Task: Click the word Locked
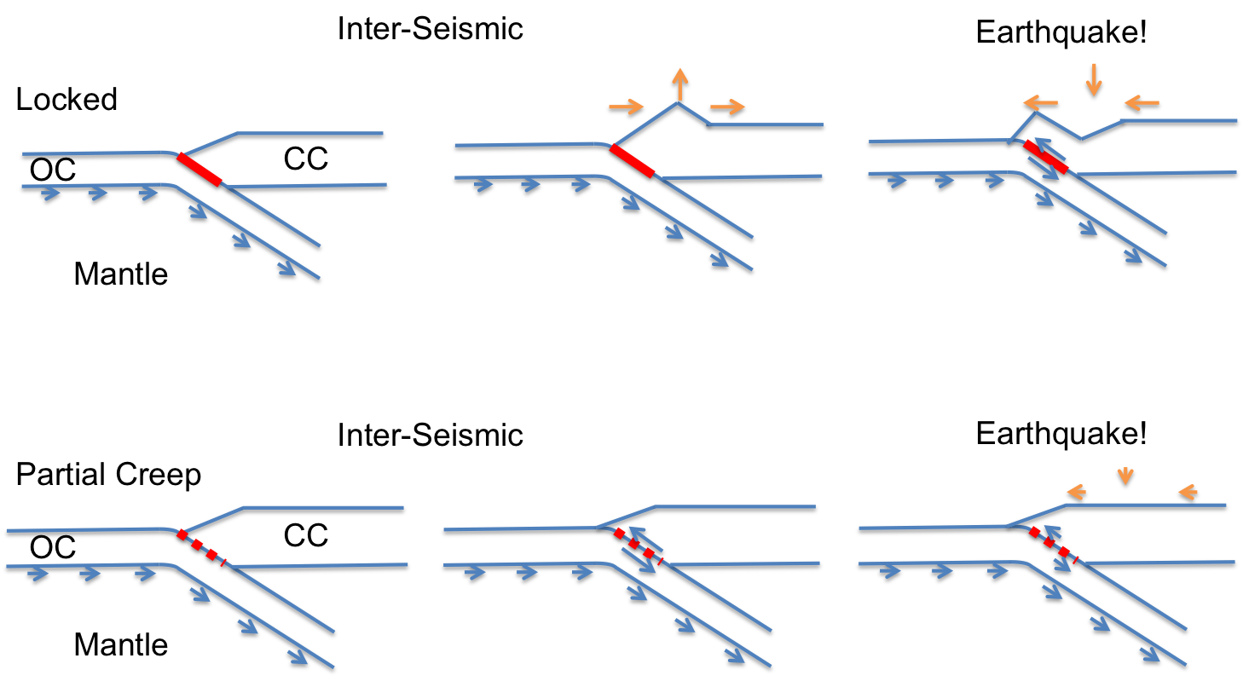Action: (66, 100)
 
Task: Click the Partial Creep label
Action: (108, 475)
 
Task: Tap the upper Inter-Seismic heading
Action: (430, 28)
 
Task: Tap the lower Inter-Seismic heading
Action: (430, 435)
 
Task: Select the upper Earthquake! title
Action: (1061, 32)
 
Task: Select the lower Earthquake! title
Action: (1061, 433)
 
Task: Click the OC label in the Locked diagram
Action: (53, 170)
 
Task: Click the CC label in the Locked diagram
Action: (306, 159)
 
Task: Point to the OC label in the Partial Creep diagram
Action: (53, 548)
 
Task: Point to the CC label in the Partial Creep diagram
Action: (306, 535)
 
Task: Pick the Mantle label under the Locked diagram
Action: (121, 274)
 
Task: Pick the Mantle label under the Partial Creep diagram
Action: (121, 645)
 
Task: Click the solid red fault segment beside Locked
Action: (199, 170)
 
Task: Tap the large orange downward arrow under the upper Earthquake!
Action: (1094, 80)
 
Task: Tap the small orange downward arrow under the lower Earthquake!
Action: (1125, 476)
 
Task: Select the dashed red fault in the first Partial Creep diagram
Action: (202, 548)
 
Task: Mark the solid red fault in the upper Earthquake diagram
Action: (1046, 157)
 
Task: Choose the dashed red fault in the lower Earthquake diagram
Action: (1053, 546)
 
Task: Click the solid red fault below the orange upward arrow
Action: (632, 161)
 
